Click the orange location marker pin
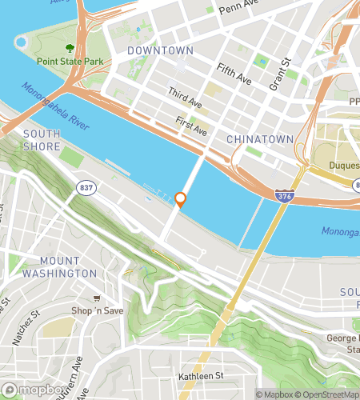180,199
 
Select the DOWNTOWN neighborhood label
160,50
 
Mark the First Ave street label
192,126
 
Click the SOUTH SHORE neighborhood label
42,140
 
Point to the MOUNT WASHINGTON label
60,267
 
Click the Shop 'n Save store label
100,310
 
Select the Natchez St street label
22,328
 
